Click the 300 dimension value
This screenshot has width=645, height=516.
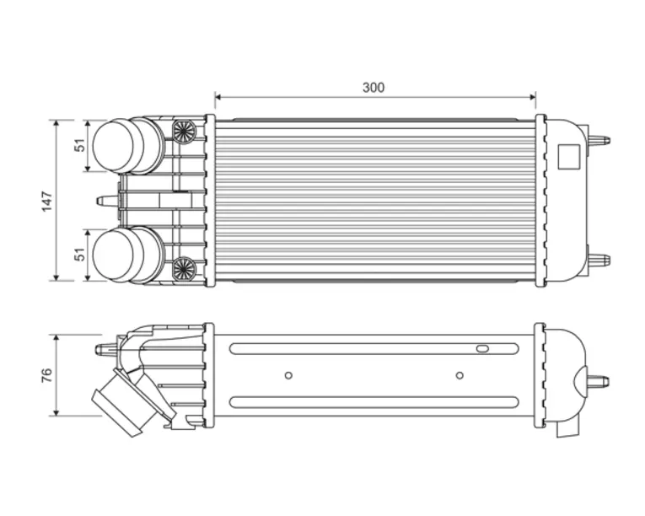tap(374, 87)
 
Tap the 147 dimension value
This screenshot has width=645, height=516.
tap(47, 202)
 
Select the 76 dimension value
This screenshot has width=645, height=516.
tap(47, 375)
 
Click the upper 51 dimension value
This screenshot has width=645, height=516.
tap(80, 145)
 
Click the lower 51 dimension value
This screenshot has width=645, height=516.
tap(80, 254)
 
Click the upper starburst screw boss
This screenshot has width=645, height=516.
tap(183, 132)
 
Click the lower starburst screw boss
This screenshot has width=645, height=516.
tap(183, 269)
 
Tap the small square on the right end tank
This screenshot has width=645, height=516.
tap(569, 156)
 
